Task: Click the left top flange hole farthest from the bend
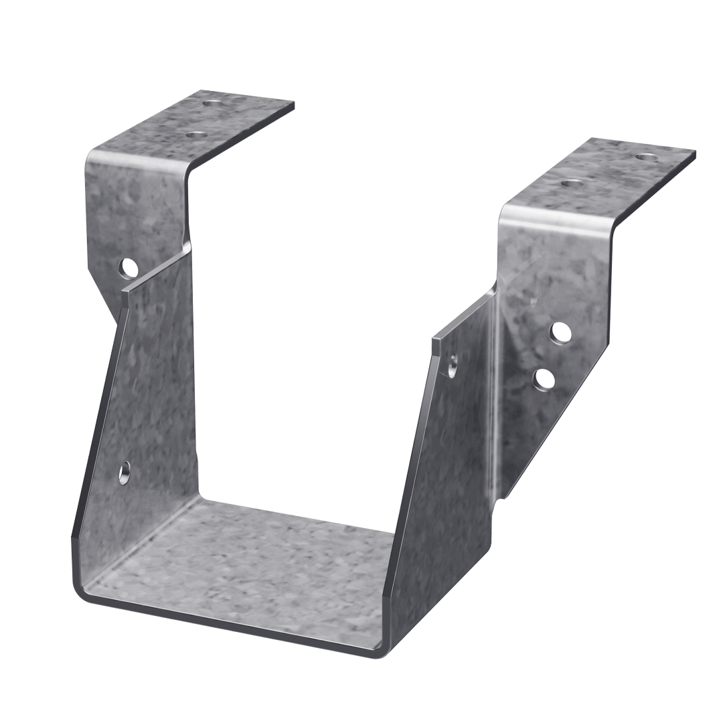pyautogui.click(x=214, y=104)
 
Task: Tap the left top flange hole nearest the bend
pyautogui.click(x=195, y=135)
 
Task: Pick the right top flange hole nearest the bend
pyautogui.click(x=569, y=182)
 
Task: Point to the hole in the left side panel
pyautogui.click(x=125, y=473)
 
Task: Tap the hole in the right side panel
pyautogui.click(x=453, y=365)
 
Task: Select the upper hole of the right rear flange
pyautogui.click(x=560, y=332)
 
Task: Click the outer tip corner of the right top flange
pyautogui.click(x=695, y=155)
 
